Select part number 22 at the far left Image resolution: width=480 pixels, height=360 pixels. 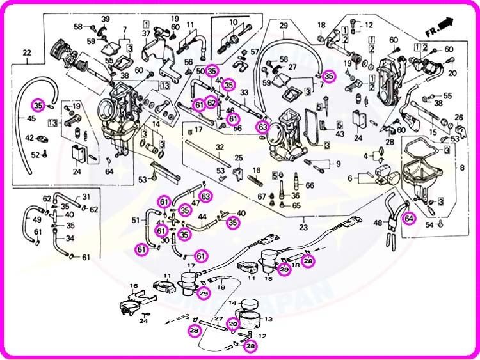(x=26, y=52)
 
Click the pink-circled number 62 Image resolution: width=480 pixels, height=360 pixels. (x=212, y=102)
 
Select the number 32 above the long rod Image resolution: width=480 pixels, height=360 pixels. (x=219, y=148)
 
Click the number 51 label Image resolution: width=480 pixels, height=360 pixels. (x=135, y=221)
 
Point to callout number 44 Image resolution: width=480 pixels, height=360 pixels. (x=202, y=217)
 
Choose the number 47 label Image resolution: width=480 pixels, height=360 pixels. (x=195, y=203)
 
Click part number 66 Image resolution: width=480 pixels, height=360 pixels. (x=310, y=185)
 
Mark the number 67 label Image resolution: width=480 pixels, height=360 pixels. (x=262, y=196)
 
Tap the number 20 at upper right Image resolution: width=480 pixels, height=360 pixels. (x=453, y=73)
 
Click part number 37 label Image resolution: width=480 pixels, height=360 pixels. (x=146, y=33)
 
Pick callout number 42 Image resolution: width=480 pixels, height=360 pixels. (x=29, y=137)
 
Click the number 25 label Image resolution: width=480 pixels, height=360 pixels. (x=239, y=158)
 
